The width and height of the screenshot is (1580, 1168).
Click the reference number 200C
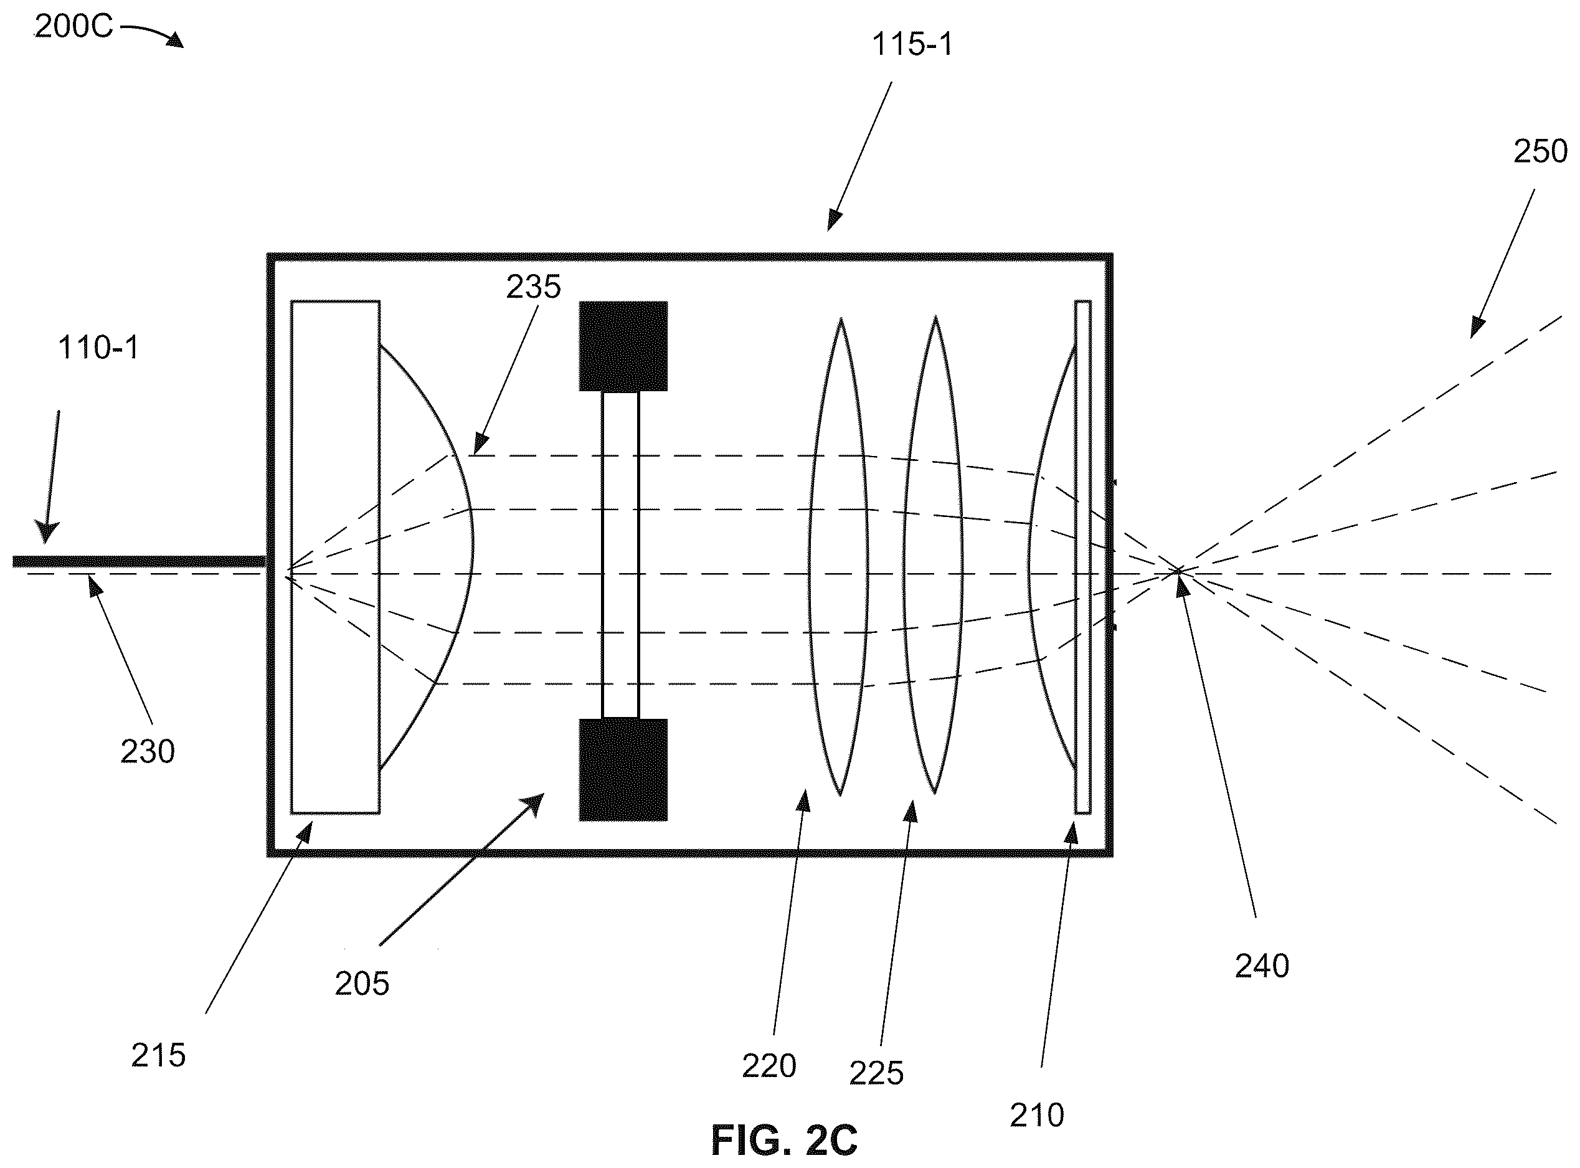pos(73,27)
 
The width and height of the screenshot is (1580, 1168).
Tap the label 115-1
pos(912,45)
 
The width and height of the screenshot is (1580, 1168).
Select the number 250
pos(1540,152)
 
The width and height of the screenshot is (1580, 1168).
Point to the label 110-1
pos(98,348)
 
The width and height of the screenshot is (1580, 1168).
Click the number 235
pos(533,287)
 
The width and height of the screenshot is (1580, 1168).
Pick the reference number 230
pos(147,751)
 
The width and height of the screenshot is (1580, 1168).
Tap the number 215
pos(158,1056)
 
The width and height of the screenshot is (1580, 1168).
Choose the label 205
pos(362,984)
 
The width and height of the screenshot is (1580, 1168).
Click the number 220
pos(769,1065)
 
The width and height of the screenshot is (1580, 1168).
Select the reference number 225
pos(877,1073)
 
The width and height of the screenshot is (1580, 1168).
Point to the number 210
pos(1037,1115)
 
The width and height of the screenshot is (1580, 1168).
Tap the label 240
pos(1262,966)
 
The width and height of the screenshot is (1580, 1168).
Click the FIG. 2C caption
pos(784,1140)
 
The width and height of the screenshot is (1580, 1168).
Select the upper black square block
pos(623,346)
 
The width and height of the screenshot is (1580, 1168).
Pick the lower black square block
pos(623,770)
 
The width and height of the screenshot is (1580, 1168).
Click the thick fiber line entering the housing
pos(140,561)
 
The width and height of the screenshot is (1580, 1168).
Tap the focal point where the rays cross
pos(1177,571)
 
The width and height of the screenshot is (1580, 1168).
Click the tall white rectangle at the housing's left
pos(335,557)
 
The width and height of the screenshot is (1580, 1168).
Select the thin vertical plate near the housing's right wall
pos(1082,557)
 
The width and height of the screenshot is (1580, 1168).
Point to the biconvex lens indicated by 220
pos(839,557)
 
